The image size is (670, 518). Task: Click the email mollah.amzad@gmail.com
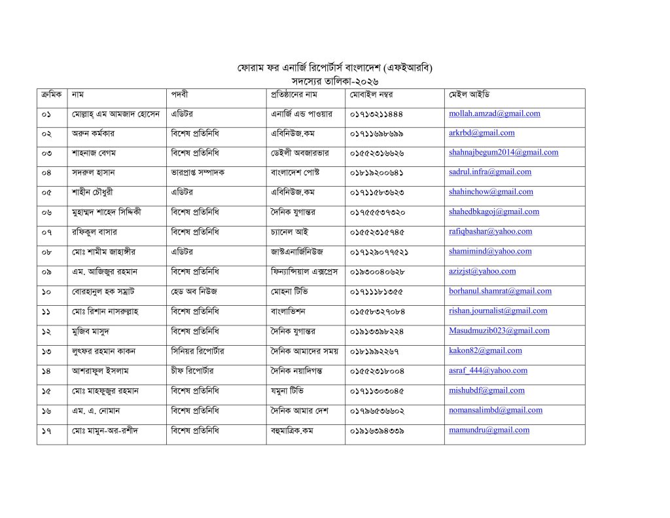495,113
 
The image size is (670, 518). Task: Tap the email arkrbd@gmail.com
482,133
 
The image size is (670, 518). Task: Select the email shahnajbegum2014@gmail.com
503,153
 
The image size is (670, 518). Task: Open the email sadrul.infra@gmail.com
490,172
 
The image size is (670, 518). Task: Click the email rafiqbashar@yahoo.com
490,231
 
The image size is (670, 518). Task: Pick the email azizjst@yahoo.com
482,271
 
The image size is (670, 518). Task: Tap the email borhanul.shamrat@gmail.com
500,291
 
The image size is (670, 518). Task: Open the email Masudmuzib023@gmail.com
499,331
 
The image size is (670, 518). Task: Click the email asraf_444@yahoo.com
488,371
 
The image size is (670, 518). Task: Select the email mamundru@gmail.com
489,430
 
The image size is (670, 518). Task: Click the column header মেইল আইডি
469,94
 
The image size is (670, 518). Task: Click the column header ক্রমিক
51,94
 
